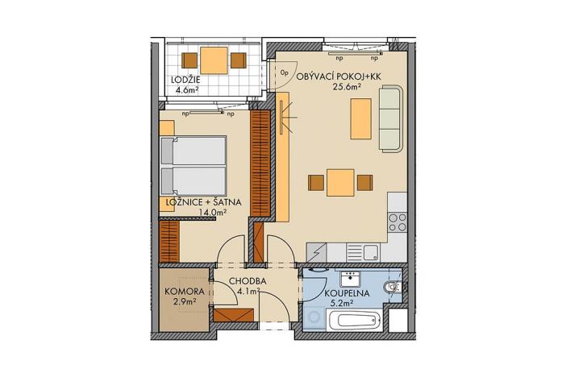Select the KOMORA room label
[x=182, y=290]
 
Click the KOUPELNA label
[x=347, y=294]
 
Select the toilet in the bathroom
[x=393, y=287]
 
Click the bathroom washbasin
[x=352, y=278]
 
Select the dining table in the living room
[x=339, y=183]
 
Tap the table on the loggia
[x=214, y=60]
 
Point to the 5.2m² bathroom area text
[x=348, y=305]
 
